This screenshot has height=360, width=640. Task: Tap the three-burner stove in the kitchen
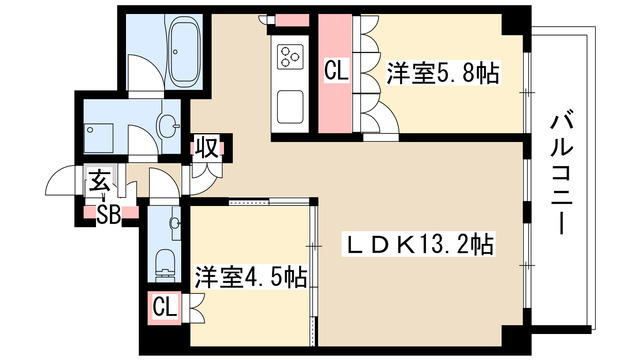pos(292,56)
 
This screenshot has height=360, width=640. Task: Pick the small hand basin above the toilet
pos(175,222)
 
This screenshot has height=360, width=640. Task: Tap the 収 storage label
pos(207,149)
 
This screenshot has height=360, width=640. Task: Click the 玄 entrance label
pos(99,183)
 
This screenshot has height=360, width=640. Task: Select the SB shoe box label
pos(103,213)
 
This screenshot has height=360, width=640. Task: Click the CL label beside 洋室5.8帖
pos(335,72)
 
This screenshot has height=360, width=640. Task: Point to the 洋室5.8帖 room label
pos(443,73)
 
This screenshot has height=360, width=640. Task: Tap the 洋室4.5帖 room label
pos(251,276)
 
